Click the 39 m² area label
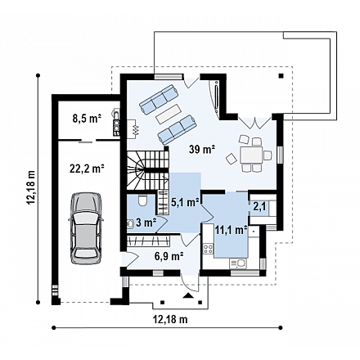click(x=203, y=150)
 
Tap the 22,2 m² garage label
click(x=87, y=169)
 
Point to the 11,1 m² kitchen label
click(x=232, y=230)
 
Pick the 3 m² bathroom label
click(x=146, y=223)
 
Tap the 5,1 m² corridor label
click(x=185, y=202)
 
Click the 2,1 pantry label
click(x=259, y=207)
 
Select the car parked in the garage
click(x=86, y=228)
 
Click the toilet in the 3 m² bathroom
click(x=142, y=200)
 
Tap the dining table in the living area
click(x=251, y=155)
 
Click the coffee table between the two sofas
click(x=169, y=114)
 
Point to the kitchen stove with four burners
click(x=209, y=249)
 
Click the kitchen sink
click(x=238, y=263)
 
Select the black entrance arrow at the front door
click(x=188, y=295)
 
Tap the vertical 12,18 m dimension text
click(x=31, y=187)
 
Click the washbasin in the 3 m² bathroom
click(x=130, y=223)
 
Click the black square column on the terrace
click(x=281, y=76)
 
